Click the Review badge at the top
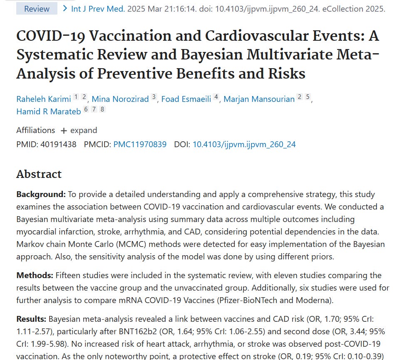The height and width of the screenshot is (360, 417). coord(37,8)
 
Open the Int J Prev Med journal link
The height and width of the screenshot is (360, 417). coord(98,8)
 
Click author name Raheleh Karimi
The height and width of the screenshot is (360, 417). coord(44,99)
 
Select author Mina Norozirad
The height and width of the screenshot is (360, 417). coord(120,99)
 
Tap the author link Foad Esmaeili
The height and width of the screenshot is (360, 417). coord(186,99)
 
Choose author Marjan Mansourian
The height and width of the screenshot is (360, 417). coord(259,99)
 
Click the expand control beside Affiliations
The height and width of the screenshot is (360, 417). coord(79,130)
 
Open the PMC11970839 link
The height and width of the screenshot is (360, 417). coord(140,145)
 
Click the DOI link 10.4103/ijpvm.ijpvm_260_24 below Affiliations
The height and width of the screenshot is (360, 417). coord(244,145)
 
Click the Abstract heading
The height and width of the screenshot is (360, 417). coord(39,174)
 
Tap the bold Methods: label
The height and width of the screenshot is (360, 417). coord(35,276)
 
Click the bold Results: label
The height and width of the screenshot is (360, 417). coord(32,320)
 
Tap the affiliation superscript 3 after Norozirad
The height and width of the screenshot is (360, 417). coord(154,97)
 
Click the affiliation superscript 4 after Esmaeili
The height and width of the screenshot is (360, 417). coord(216,97)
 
